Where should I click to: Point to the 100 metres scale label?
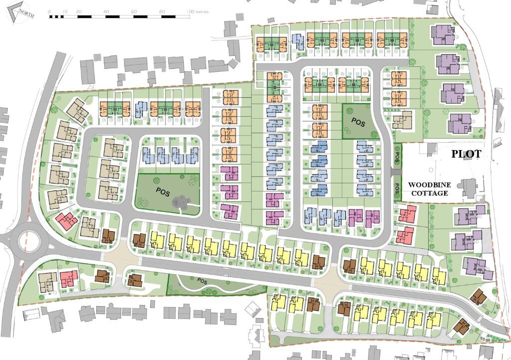[x=198, y=10]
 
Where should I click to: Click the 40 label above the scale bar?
[x=106, y=10]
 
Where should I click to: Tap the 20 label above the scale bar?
[x=79, y=10]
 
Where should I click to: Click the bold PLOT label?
[x=466, y=154]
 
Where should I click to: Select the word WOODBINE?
[x=428, y=184]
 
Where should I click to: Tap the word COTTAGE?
[x=428, y=193]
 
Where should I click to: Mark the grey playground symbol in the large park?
[x=180, y=202]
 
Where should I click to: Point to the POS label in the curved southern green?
[x=202, y=281]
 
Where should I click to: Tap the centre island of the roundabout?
[x=27, y=242]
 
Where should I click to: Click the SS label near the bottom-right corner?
[x=482, y=339]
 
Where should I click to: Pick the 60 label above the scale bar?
[x=134, y=10]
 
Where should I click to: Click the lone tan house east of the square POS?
[x=402, y=120]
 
